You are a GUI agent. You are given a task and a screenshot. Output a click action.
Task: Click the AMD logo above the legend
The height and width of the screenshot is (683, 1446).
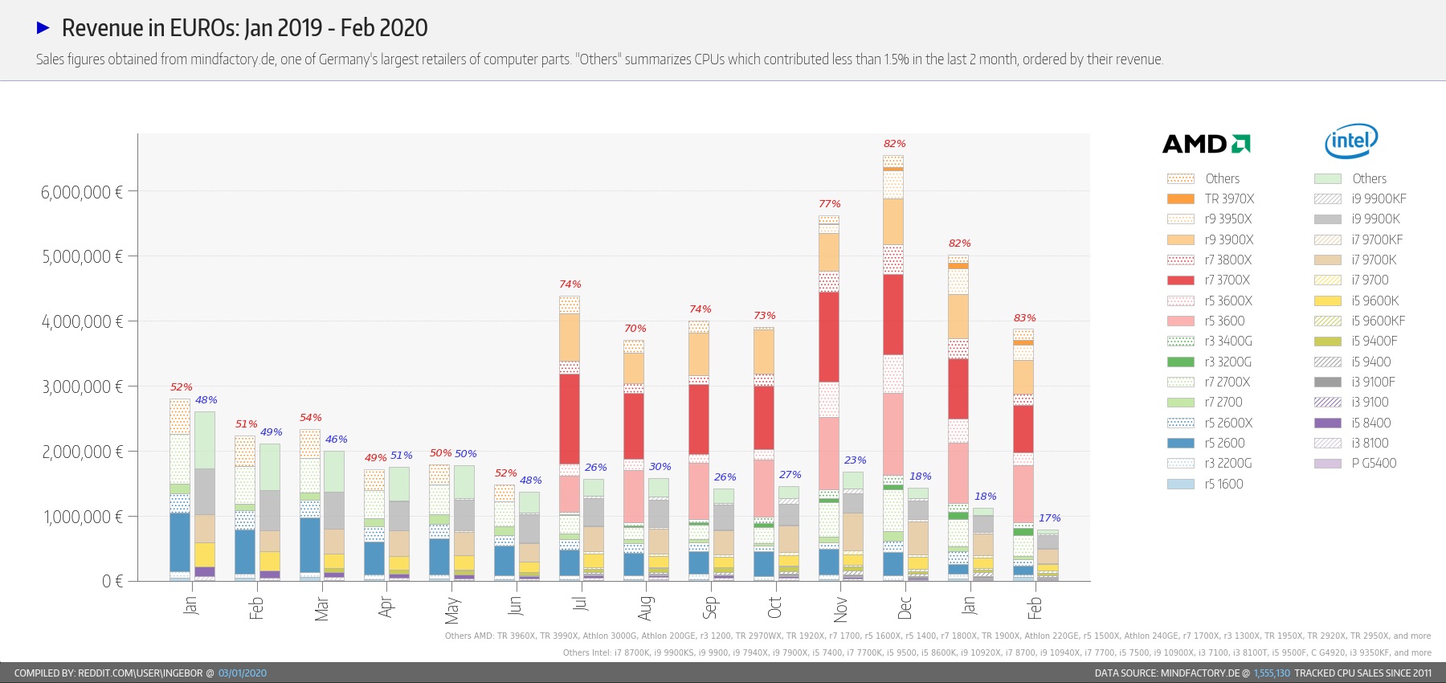pyautogui.click(x=1206, y=144)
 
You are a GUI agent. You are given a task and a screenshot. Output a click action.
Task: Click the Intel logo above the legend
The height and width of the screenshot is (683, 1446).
pyautogui.click(x=1351, y=141)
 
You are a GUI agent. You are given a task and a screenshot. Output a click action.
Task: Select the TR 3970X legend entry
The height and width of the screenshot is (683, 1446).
pyautogui.click(x=1211, y=198)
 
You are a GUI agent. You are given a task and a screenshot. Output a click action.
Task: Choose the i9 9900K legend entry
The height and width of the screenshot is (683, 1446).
pyautogui.click(x=1358, y=219)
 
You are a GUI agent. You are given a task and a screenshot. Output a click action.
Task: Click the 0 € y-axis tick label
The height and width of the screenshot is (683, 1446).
pyautogui.click(x=112, y=581)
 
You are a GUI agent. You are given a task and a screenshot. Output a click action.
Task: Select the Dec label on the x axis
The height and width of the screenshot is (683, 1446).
pyautogui.click(x=905, y=607)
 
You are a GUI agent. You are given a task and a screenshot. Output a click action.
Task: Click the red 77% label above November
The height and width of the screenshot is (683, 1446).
pyautogui.click(x=830, y=204)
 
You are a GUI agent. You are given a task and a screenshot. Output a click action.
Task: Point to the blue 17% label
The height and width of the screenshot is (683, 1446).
pyautogui.click(x=1049, y=518)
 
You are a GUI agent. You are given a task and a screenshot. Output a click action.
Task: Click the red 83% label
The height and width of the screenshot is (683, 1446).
pyautogui.click(x=1024, y=318)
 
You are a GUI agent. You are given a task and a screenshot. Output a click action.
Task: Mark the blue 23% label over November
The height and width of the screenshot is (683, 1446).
pyautogui.click(x=855, y=460)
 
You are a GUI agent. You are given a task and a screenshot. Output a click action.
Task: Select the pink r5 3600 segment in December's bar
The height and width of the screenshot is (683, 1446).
pyautogui.click(x=893, y=434)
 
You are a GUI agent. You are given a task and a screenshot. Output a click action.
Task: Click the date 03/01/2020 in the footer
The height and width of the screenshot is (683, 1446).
pyautogui.click(x=243, y=673)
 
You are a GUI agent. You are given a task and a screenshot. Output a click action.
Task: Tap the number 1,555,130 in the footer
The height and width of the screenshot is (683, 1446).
pyautogui.click(x=1272, y=673)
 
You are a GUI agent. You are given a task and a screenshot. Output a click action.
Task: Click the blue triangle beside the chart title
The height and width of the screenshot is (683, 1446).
pyautogui.click(x=43, y=28)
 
